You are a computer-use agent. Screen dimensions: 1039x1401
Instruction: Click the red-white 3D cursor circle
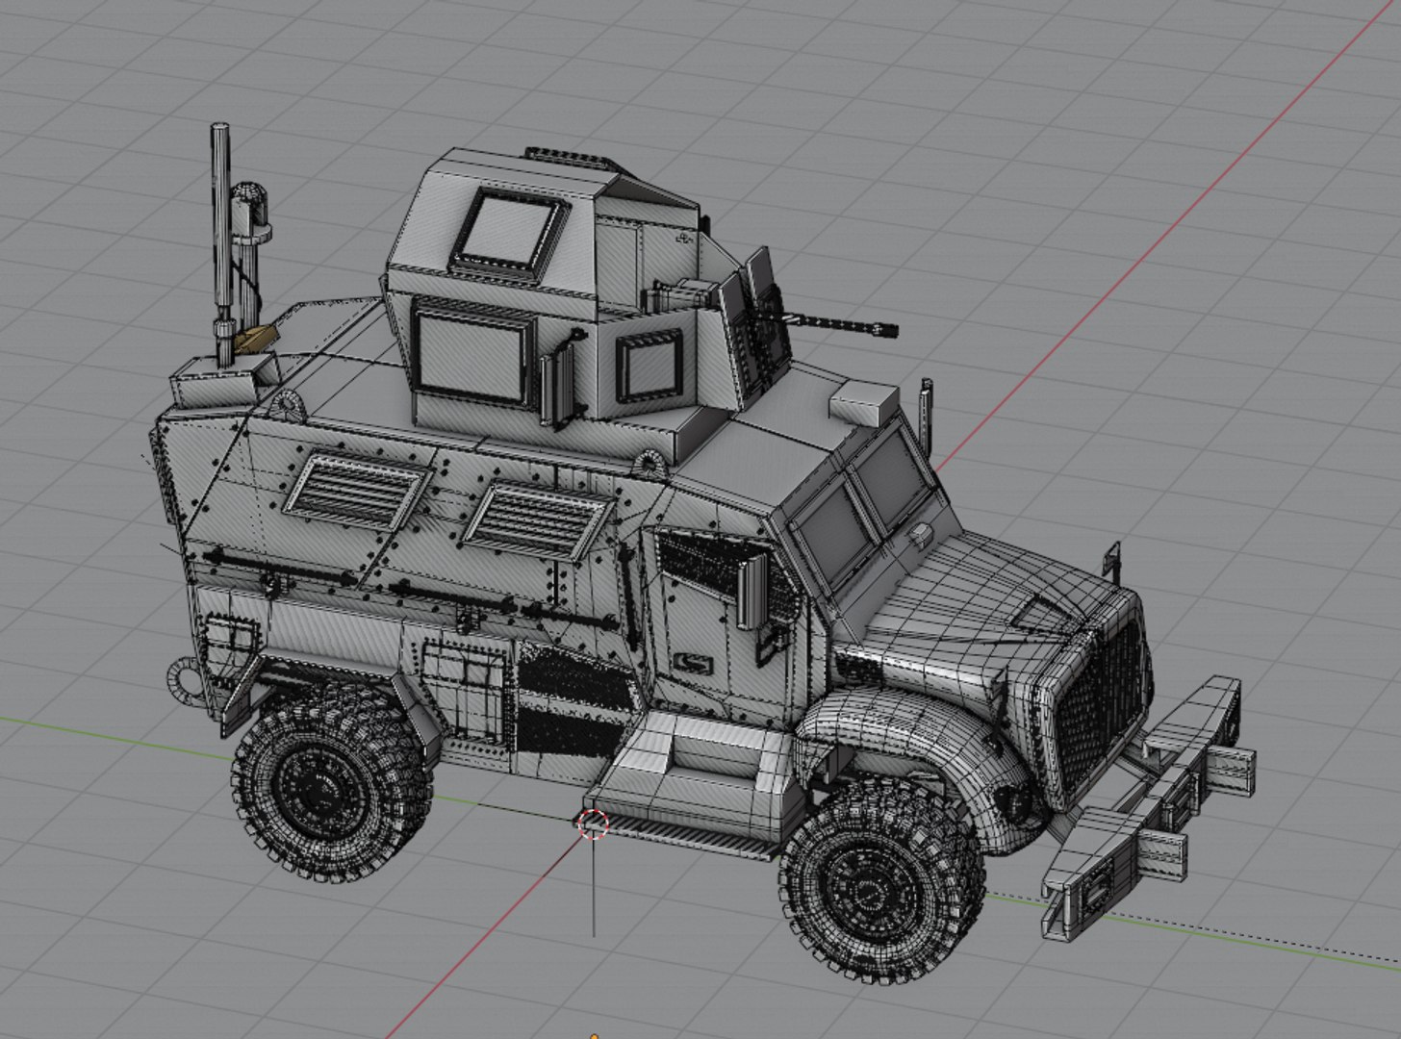[x=594, y=824]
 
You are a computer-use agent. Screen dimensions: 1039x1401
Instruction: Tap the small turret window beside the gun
[x=650, y=366]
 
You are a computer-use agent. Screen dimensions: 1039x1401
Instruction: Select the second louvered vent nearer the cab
[x=535, y=520]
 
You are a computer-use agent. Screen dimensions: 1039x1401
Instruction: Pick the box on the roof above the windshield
[x=863, y=400]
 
